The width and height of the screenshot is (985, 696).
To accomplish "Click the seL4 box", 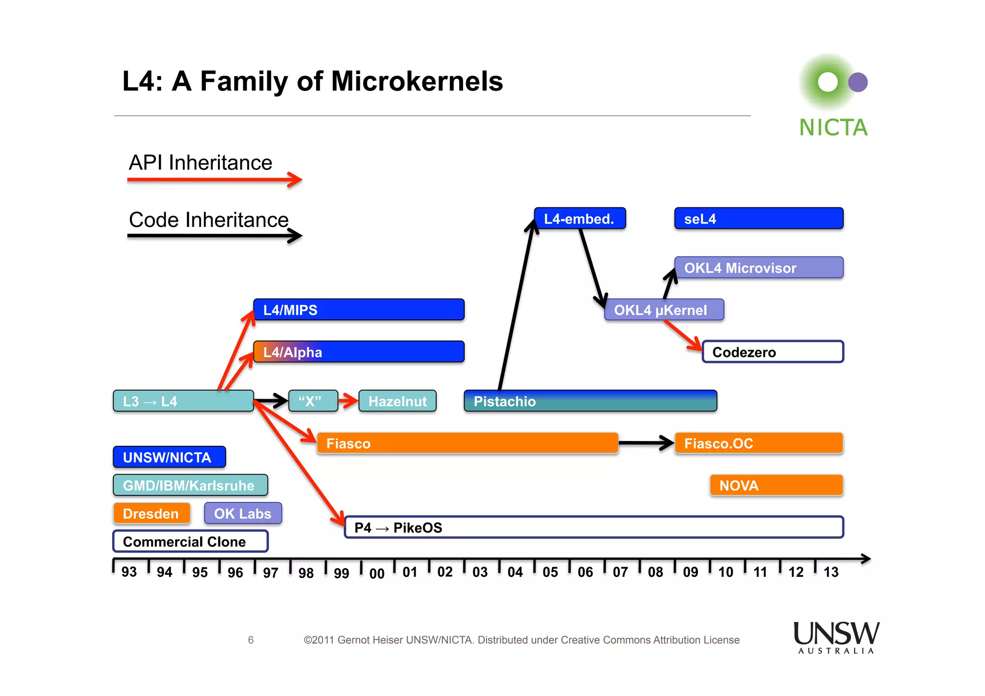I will (x=758, y=218).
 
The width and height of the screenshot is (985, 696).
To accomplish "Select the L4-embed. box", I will (x=580, y=218).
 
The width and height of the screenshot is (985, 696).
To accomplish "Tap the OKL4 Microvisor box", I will (x=758, y=267).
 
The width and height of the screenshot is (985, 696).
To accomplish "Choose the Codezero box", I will (x=772, y=352).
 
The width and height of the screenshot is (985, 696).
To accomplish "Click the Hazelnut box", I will (x=397, y=401).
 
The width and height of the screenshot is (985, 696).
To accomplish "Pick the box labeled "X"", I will (x=313, y=401).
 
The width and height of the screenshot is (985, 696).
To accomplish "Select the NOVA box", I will (x=776, y=485).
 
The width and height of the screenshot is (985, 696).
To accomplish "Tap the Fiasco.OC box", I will (x=758, y=443).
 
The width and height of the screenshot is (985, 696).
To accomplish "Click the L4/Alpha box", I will (x=359, y=352).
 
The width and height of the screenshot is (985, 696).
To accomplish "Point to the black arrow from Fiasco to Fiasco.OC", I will (x=645, y=443).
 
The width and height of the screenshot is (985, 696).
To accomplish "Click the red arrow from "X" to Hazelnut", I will (x=348, y=400).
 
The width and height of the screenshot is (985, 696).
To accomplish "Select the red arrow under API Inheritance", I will (x=214, y=180).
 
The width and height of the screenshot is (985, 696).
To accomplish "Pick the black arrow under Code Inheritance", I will (x=214, y=236).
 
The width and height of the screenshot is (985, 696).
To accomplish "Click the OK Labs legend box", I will (x=243, y=513).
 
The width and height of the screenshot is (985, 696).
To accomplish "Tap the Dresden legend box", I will (x=152, y=513).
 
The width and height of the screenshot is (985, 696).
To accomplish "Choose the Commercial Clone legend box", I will (x=190, y=541).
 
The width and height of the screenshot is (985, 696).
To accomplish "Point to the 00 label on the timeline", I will (x=377, y=573).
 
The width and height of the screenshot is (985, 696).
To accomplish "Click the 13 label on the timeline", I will (x=831, y=572).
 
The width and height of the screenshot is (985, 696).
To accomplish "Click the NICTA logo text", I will (x=833, y=127).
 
